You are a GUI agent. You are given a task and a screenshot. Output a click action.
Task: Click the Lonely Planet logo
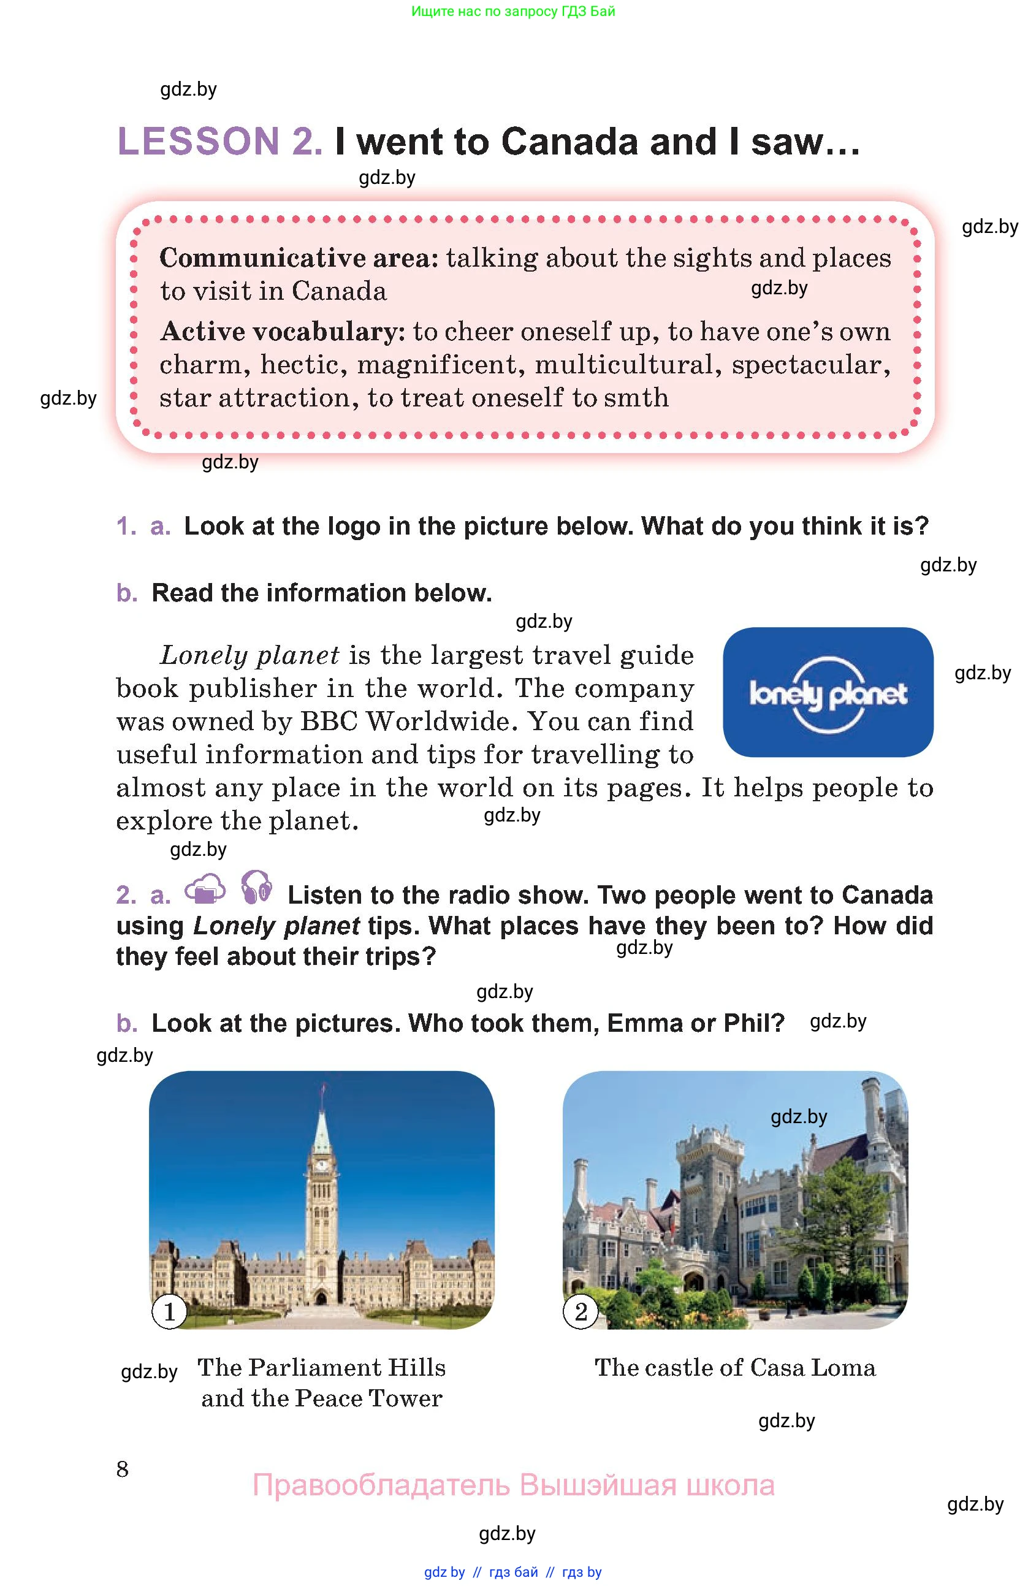[828, 692]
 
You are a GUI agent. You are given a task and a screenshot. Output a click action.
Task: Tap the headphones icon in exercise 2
[256, 888]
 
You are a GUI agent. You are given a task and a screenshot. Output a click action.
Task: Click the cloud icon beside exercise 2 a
[205, 890]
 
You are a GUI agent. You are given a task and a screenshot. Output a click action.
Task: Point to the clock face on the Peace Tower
[321, 1165]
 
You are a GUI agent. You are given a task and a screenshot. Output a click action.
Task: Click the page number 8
[123, 1469]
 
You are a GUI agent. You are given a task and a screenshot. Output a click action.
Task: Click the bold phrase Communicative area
[299, 258]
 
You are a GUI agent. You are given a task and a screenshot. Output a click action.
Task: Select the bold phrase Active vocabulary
[283, 331]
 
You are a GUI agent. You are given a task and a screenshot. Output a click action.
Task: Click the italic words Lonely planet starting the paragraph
[250, 655]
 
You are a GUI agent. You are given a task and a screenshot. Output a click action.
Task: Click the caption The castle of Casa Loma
[735, 1367]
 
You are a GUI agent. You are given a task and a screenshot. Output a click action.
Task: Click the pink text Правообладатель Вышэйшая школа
[513, 1485]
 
